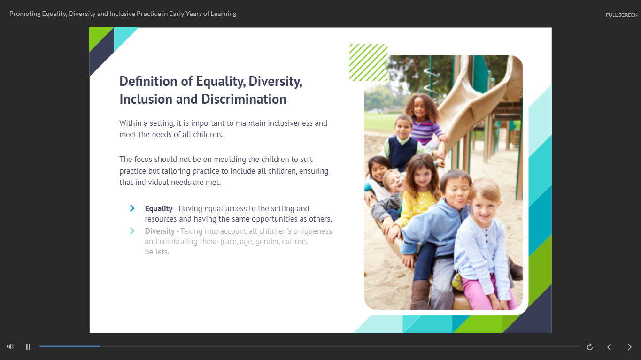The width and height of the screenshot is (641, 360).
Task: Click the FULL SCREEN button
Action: (x=621, y=15)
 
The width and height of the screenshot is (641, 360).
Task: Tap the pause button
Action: (x=28, y=346)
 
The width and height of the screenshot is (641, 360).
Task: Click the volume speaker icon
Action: (x=11, y=346)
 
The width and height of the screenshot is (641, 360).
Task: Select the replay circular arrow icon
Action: (x=589, y=347)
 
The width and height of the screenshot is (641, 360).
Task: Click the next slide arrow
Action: (x=629, y=347)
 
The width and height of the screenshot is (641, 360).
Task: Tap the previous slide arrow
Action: (x=609, y=347)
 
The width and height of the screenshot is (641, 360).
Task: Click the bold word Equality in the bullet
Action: (x=159, y=209)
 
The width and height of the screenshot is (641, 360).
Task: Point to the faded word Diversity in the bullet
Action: (x=160, y=231)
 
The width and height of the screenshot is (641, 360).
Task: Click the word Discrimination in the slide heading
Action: (x=244, y=99)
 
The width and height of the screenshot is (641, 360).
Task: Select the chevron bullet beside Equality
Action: (x=132, y=208)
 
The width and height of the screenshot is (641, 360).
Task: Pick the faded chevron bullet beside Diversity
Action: (x=132, y=231)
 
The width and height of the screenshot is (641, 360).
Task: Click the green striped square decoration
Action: (x=368, y=62)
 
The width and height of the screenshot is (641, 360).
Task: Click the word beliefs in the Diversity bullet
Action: (x=156, y=252)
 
